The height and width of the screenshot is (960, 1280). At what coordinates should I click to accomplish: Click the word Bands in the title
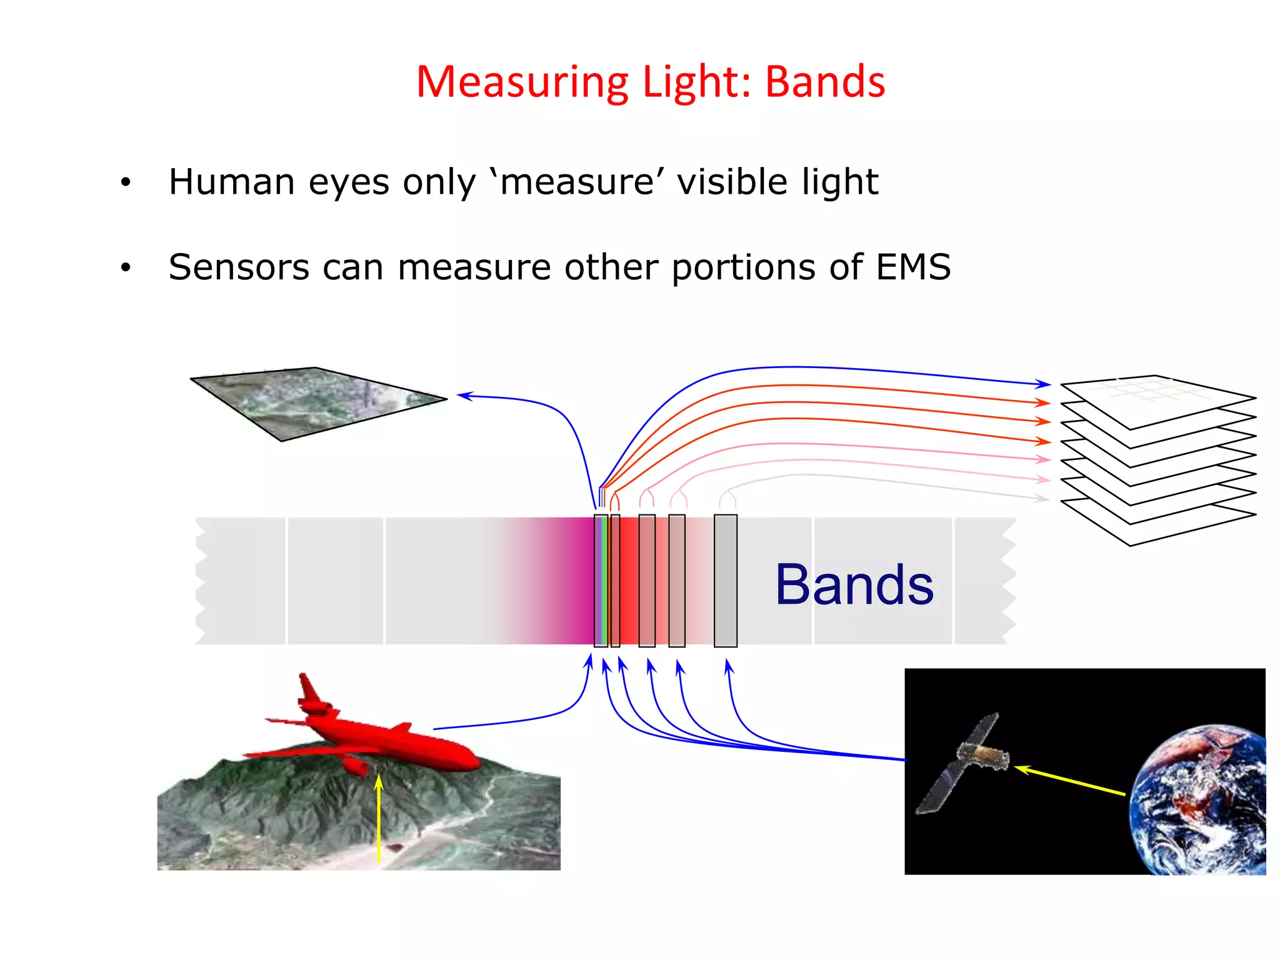tap(825, 82)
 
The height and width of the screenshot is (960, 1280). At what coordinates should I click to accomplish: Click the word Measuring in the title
tap(522, 83)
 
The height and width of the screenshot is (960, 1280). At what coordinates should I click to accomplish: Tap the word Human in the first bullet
tap(232, 182)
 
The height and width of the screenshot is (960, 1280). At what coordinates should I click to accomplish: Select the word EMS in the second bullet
tap(913, 267)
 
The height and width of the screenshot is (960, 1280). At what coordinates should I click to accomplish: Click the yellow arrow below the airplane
tap(379, 819)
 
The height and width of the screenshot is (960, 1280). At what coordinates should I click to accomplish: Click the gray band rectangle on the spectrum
tap(725, 581)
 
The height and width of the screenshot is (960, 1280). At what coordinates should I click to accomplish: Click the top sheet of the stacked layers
tap(1156, 400)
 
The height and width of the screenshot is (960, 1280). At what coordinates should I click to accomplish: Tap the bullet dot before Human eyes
tap(126, 182)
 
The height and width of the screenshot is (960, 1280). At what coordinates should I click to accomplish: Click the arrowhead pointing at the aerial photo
tap(464, 395)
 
